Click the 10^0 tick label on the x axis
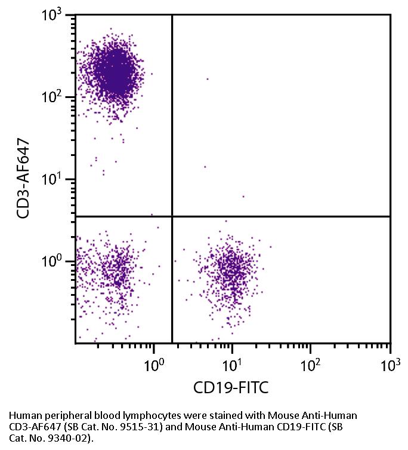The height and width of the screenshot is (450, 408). pos(154,362)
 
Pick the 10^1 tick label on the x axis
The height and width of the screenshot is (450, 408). pos(233,362)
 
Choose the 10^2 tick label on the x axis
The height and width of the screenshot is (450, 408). pos(311,362)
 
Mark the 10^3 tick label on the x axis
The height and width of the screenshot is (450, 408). pos(390,362)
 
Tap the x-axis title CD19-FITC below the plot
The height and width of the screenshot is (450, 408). pos(231,388)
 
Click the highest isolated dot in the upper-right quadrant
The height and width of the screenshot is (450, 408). pos(208,79)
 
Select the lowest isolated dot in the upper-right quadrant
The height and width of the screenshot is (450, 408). pos(243,196)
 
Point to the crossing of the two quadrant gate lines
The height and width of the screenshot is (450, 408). pos(172,216)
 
